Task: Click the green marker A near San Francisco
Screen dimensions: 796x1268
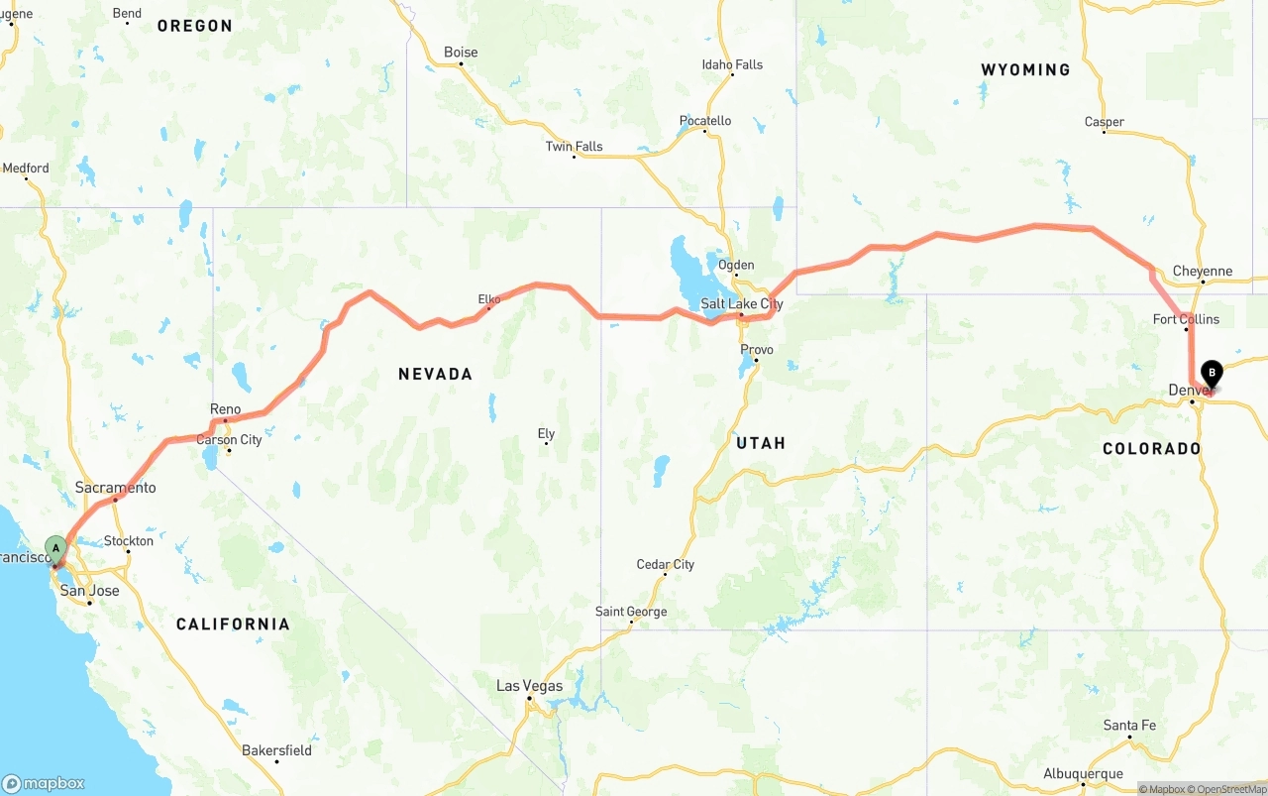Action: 56,546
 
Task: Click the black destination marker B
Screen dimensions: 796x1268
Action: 1212,374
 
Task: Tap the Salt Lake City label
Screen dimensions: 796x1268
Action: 741,303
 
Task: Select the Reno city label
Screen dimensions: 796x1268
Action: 225,409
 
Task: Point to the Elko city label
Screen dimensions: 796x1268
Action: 489,298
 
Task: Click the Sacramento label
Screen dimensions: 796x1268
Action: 116,488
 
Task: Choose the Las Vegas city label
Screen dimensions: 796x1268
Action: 529,686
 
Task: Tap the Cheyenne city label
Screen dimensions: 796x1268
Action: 1202,271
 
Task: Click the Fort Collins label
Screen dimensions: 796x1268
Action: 1186,319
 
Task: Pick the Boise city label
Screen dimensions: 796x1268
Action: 461,53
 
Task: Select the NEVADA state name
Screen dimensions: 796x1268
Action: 435,374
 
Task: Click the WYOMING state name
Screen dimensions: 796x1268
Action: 1025,69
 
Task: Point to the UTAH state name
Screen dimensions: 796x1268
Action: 760,443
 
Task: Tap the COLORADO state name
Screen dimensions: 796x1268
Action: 1151,449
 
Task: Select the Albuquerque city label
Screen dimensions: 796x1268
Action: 1083,774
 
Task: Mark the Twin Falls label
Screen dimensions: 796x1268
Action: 574,147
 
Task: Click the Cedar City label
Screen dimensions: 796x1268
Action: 665,565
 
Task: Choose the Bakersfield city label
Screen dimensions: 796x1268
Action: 276,750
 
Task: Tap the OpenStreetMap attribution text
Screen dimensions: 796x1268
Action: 1226,789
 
